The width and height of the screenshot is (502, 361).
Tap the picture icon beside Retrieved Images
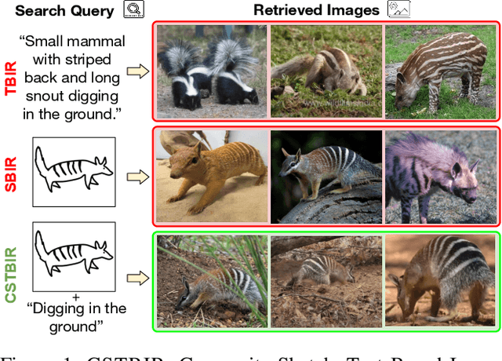coord(398,10)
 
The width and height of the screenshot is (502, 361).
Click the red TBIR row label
coord(11,77)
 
